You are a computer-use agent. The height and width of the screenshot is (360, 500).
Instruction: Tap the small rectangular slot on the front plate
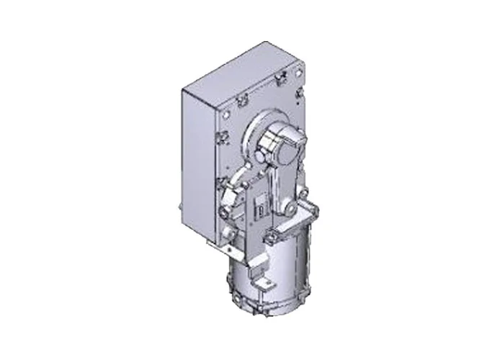click(260, 210)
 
